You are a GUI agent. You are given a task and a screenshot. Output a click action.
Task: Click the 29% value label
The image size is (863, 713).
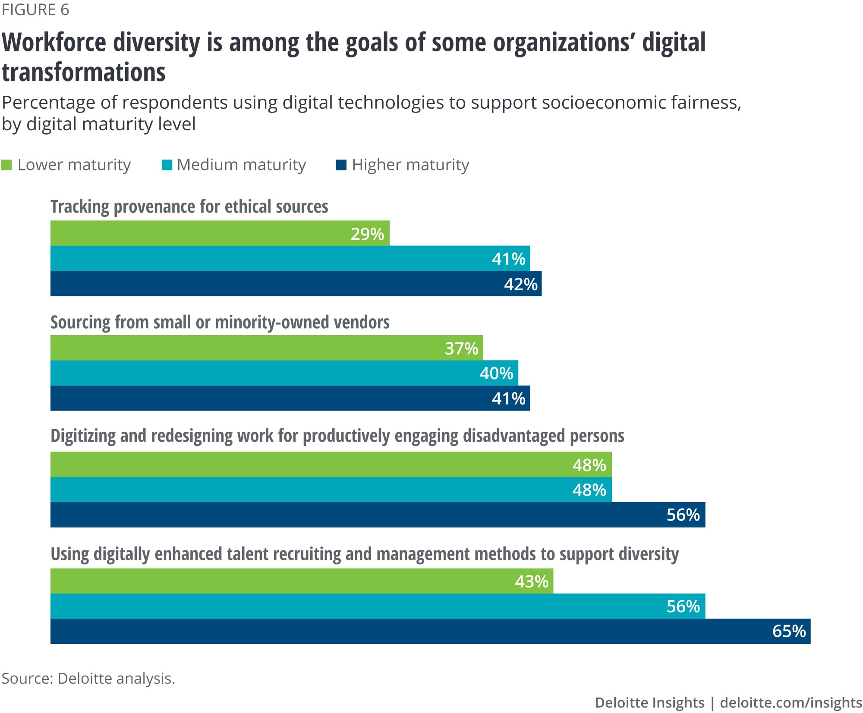pyautogui.click(x=367, y=234)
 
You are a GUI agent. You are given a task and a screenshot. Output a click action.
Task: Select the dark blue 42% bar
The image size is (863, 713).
pyautogui.click(x=296, y=284)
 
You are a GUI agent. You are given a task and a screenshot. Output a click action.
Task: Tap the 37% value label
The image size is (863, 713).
pyautogui.click(x=461, y=348)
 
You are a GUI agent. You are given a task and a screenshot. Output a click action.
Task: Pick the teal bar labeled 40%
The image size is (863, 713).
pyautogui.click(x=284, y=373)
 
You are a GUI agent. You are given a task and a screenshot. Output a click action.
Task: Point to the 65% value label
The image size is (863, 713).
pyautogui.click(x=789, y=631)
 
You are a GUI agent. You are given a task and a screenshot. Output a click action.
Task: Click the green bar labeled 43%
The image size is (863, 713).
pyautogui.click(x=302, y=581)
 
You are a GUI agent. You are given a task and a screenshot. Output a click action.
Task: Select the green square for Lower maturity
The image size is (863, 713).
pyautogui.click(x=6, y=165)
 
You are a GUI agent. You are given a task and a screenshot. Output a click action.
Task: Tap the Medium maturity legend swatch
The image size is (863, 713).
pyautogui.click(x=167, y=165)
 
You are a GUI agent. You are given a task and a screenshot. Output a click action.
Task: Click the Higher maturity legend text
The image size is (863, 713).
pyautogui.click(x=410, y=165)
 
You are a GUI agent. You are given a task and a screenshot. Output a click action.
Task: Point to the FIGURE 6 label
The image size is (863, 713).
pyautogui.click(x=35, y=9)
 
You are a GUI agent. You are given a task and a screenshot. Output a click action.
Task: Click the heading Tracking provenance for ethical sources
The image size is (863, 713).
pyautogui.click(x=189, y=207)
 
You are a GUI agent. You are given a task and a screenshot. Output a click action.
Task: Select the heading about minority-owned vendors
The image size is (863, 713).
pyautogui.click(x=220, y=322)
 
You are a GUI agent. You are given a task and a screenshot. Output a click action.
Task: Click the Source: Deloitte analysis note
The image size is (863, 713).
pyautogui.click(x=88, y=678)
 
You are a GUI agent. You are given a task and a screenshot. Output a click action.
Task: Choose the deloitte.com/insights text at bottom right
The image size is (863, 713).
pyautogui.click(x=791, y=703)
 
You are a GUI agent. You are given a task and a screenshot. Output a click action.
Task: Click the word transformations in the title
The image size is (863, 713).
pyautogui.click(x=84, y=72)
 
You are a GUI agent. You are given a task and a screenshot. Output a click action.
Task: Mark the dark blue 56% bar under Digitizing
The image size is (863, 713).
pyautogui.click(x=378, y=515)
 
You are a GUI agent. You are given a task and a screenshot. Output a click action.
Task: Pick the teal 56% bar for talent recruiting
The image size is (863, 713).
pyautogui.click(x=378, y=606)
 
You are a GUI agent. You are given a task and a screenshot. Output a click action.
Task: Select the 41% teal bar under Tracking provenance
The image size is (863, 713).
pyautogui.click(x=290, y=259)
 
